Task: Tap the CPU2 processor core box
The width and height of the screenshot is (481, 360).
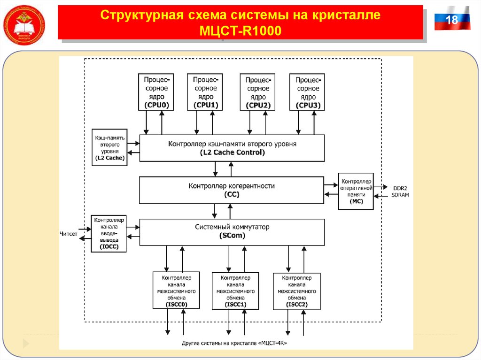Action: coord(258,92)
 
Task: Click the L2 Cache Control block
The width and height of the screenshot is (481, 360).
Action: coord(232,148)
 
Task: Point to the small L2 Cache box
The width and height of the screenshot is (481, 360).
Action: coord(109,147)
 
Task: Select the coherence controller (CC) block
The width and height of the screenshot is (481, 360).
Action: coord(232,190)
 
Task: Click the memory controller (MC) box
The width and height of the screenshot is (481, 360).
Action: coord(356,191)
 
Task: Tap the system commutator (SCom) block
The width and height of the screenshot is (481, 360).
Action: coord(232,231)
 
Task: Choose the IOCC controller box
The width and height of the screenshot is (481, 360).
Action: coord(109,233)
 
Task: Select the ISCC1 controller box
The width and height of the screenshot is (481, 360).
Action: coord(235,291)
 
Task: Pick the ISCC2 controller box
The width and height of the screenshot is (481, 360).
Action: coord(297,291)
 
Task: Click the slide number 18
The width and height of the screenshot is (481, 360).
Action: coord(451,20)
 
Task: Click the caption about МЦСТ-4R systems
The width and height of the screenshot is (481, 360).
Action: coord(234,343)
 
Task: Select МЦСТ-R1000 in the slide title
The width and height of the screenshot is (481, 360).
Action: coord(240,31)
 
